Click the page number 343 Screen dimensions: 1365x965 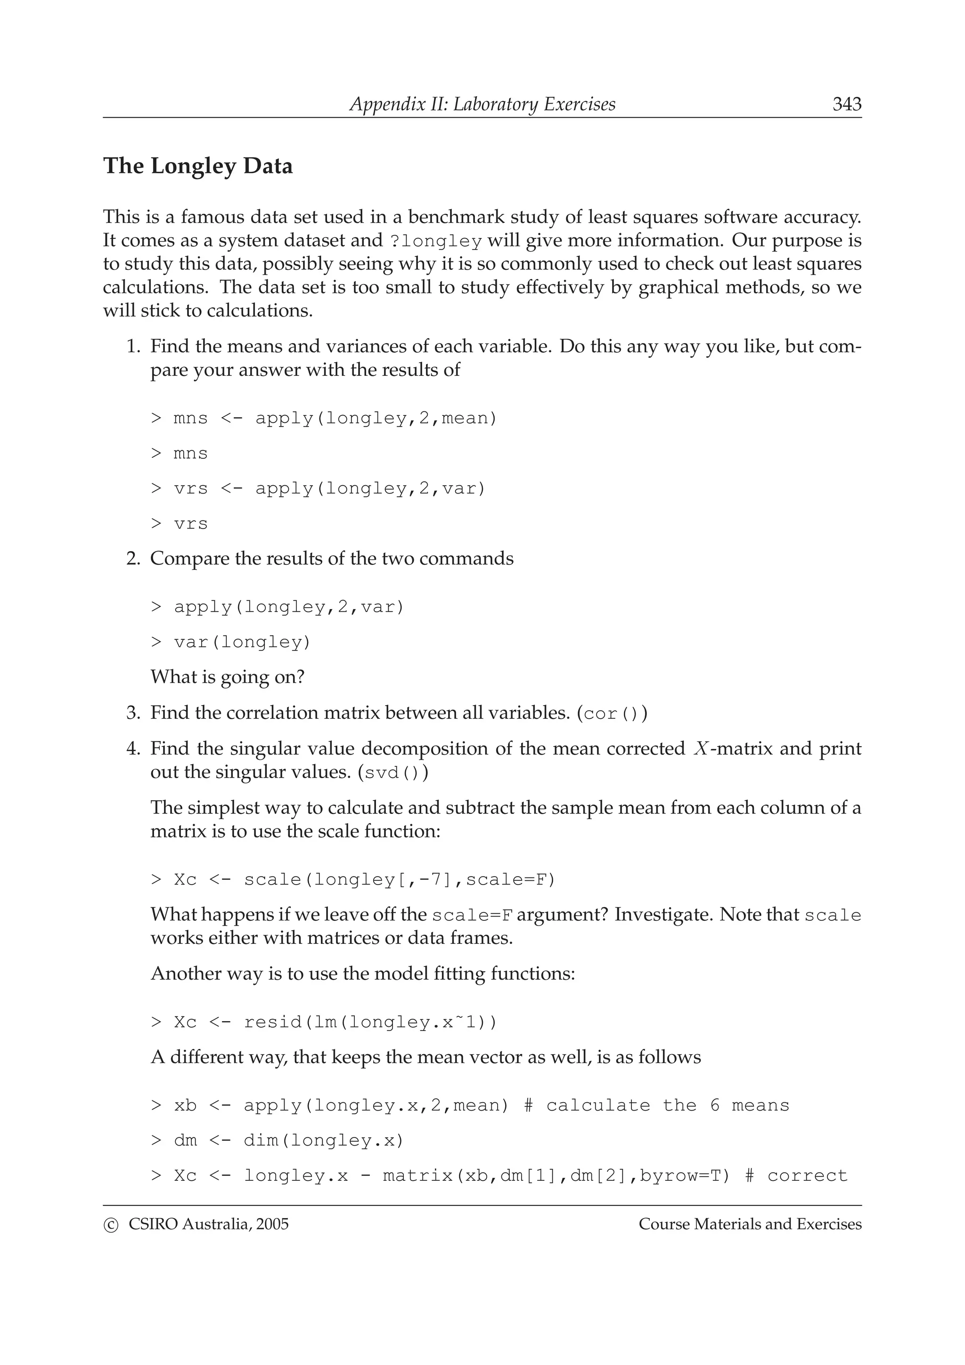(x=846, y=105)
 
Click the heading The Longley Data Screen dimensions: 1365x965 (x=198, y=166)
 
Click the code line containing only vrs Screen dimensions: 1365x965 (x=190, y=524)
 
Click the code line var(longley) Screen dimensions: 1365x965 (x=242, y=642)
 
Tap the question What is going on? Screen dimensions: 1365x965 (x=227, y=677)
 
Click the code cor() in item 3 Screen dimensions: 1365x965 (x=611, y=714)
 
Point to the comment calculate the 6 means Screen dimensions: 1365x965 (x=667, y=1106)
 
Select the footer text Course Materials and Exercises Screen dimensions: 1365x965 (x=750, y=1224)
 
